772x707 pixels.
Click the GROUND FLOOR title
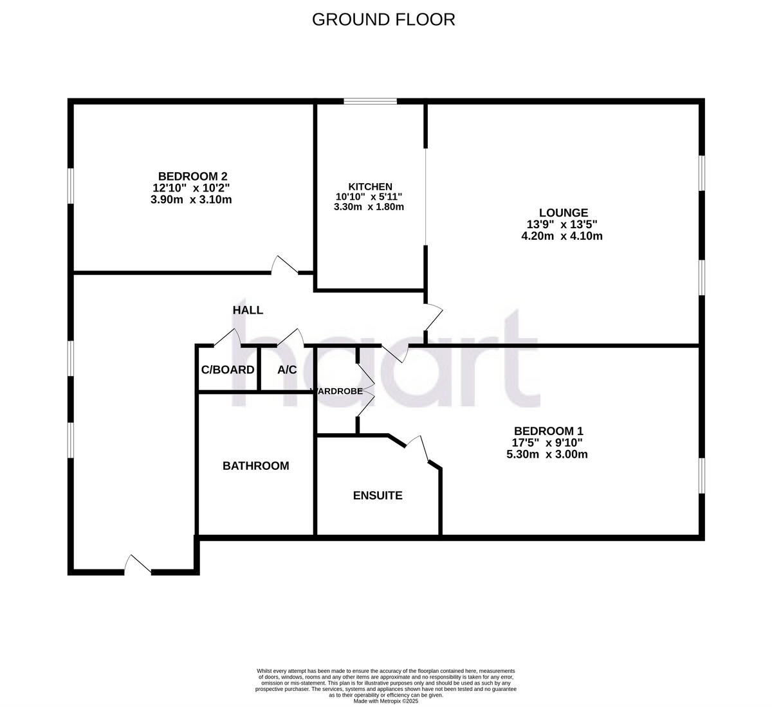point(383,19)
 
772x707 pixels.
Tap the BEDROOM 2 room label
point(192,176)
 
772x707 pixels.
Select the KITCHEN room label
point(370,186)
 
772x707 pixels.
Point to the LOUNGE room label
point(563,213)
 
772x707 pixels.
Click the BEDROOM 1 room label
point(548,431)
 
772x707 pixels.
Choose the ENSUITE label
point(378,496)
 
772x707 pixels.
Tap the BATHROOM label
point(255,466)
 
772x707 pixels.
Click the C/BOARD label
point(228,370)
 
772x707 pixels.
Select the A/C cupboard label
point(287,370)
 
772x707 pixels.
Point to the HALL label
point(248,310)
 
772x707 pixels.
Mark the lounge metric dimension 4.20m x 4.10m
point(562,236)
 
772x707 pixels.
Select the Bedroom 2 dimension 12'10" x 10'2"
point(191,188)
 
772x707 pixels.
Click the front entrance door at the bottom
point(138,564)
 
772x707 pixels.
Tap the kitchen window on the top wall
point(370,101)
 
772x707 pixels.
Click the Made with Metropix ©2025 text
point(385,701)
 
